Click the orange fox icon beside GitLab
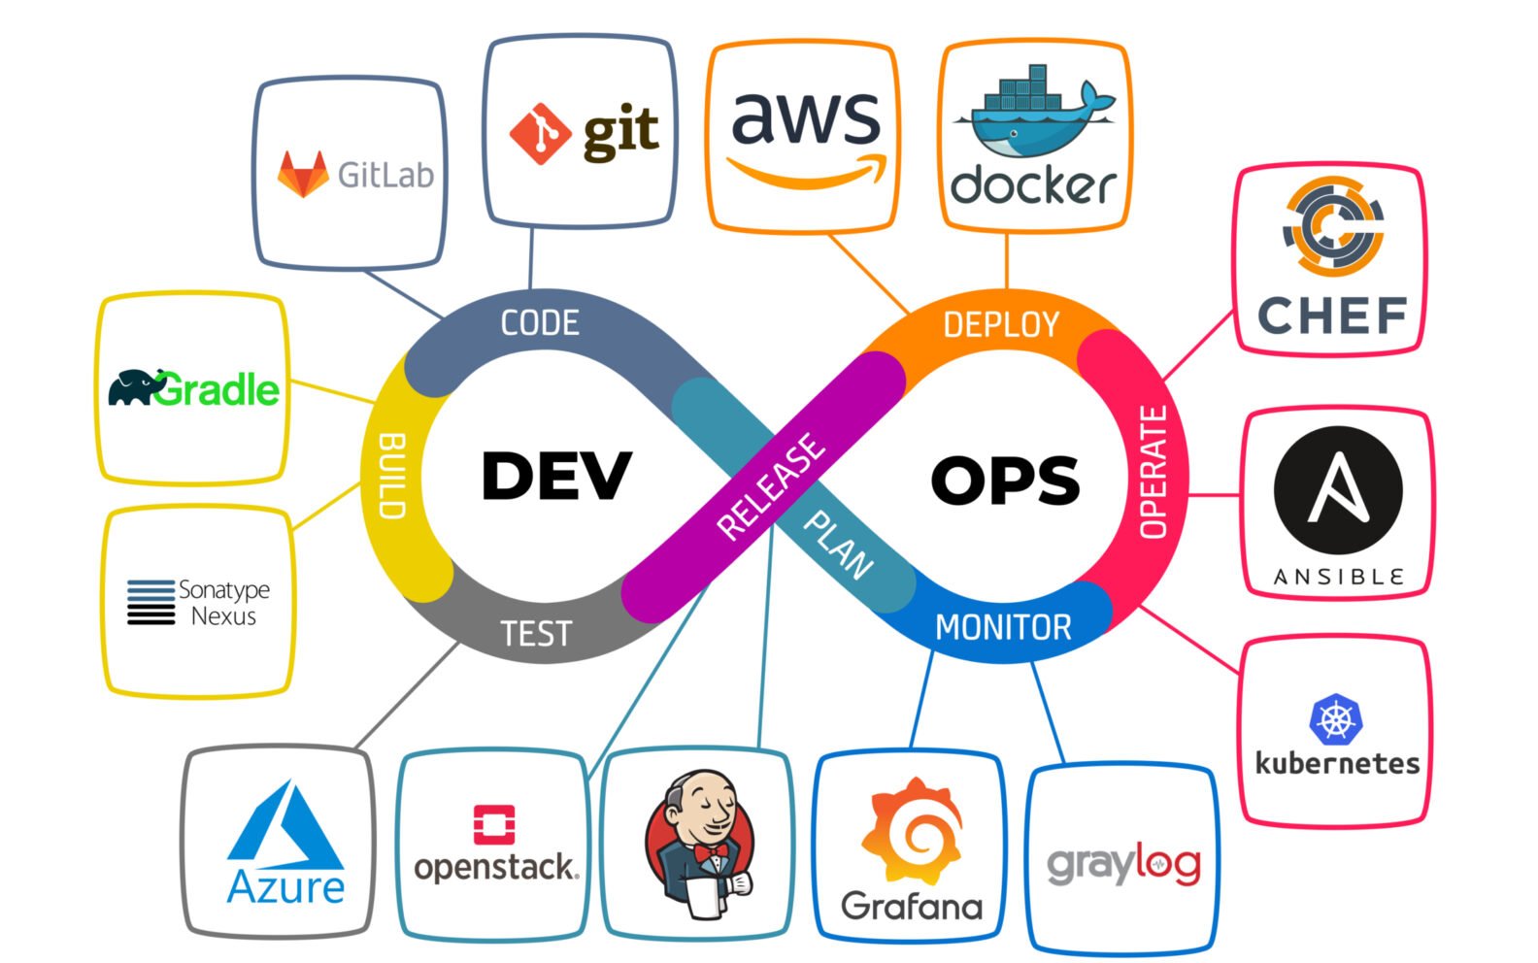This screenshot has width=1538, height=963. (303, 175)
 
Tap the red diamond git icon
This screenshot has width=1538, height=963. (540, 133)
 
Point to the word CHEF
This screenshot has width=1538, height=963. (1332, 315)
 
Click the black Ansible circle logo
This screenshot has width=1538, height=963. (1338, 490)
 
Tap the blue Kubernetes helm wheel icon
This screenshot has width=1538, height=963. (1336, 719)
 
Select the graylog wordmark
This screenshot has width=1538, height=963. (1123, 863)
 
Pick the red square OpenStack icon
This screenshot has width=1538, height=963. (494, 824)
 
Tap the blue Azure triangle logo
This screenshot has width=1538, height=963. (285, 828)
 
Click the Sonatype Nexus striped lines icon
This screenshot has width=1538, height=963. (150, 602)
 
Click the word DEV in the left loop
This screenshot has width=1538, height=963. (556, 476)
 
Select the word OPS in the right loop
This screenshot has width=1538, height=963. (1005, 480)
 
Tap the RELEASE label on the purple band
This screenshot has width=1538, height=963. (771, 486)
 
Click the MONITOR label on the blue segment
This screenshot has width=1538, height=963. (1003, 627)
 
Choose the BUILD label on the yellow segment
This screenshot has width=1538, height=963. (391, 476)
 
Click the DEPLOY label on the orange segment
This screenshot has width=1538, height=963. (1001, 324)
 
